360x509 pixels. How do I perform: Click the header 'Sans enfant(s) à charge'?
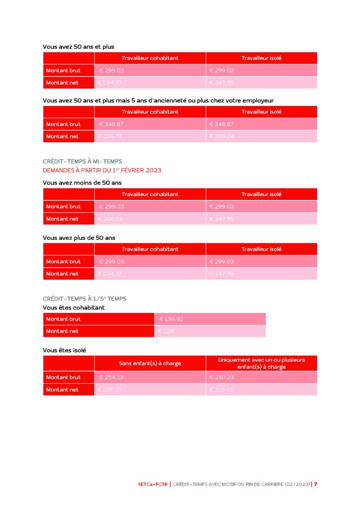pyautogui.click(x=150, y=363)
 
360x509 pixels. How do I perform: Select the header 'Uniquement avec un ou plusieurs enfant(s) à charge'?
pyautogui.click(x=262, y=363)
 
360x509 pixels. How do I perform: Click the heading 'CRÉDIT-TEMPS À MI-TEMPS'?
pyautogui.click(x=83, y=161)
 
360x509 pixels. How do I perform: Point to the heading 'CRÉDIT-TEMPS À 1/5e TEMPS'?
pyautogui.click(x=85, y=299)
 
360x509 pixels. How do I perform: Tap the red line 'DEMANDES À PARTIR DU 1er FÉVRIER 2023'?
pyautogui.click(x=102, y=170)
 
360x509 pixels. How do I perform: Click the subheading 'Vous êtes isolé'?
pyautogui.click(x=64, y=350)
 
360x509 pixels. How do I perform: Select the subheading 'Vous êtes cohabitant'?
pyautogui.click(x=74, y=307)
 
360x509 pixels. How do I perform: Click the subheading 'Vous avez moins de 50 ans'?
pyautogui.click(x=82, y=183)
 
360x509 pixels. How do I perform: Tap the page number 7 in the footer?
pyautogui.click(x=316, y=484)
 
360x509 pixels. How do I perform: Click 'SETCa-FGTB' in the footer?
pyautogui.click(x=154, y=484)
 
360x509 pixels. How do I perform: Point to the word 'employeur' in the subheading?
pyautogui.click(x=257, y=101)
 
